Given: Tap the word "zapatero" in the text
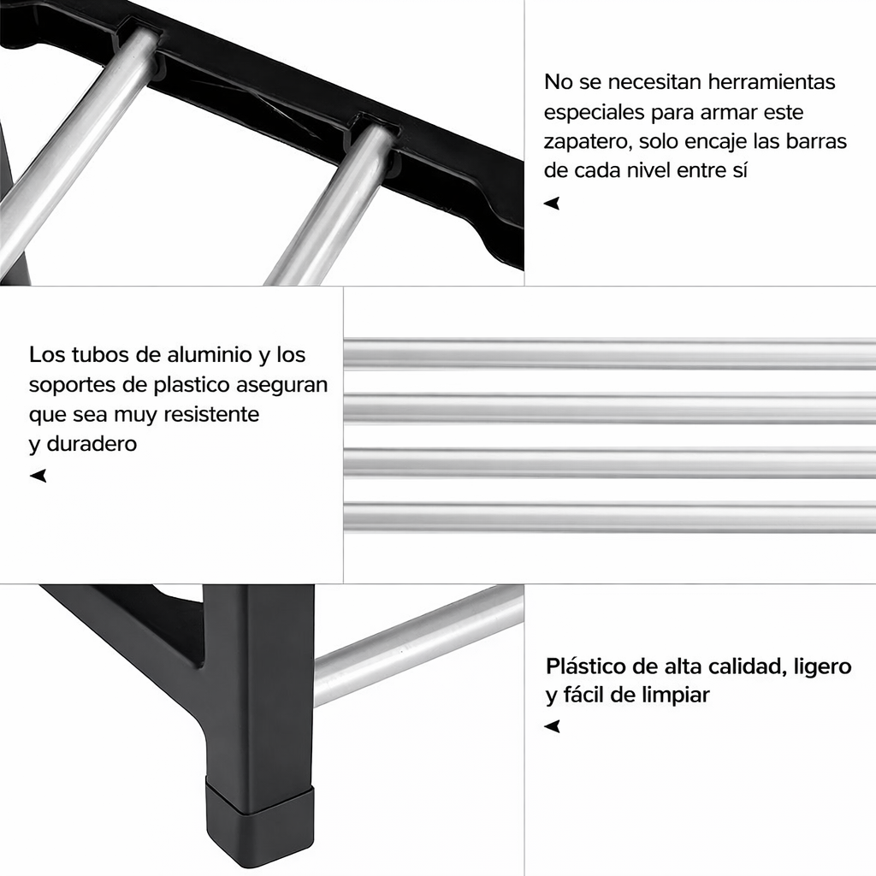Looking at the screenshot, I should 583,142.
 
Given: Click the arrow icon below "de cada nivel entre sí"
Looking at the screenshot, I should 552,204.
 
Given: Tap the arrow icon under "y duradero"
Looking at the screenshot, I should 38,476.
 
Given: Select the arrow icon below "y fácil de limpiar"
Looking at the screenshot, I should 553,726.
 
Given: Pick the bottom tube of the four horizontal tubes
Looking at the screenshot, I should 609,517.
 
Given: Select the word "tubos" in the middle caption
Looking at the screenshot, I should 94,355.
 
